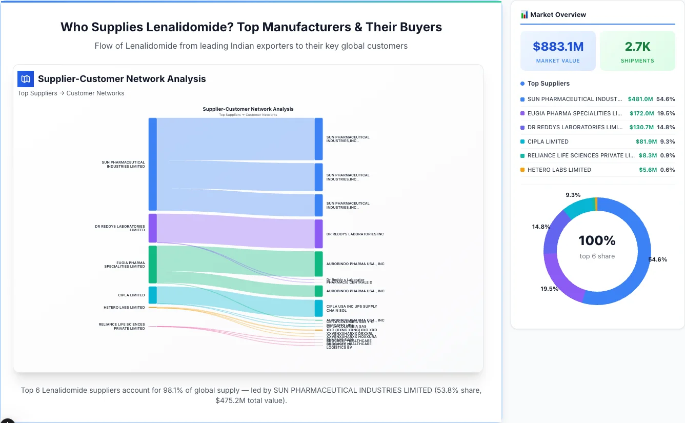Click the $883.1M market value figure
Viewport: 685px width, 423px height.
(558, 47)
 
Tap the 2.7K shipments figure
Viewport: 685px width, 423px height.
(637, 47)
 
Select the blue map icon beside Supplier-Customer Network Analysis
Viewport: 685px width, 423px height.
(26, 79)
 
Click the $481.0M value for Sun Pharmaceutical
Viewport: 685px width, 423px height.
(641, 99)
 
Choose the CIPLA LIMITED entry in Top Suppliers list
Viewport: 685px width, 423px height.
(548, 142)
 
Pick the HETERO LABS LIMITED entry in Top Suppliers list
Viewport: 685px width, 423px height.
(559, 170)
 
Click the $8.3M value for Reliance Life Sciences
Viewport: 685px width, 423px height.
(648, 155)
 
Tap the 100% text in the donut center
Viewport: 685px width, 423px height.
(597, 240)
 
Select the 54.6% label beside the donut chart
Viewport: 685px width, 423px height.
(658, 259)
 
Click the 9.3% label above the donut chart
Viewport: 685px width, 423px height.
(573, 195)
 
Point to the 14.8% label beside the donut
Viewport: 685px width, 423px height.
(541, 227)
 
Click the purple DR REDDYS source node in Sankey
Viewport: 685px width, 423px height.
(152, 228)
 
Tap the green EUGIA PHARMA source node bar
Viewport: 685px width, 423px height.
(152, 265)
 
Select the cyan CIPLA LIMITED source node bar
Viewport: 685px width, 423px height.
(152, 295)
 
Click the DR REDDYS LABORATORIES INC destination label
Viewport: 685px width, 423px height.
(355, 234)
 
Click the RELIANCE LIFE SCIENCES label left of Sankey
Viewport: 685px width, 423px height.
(122, 326)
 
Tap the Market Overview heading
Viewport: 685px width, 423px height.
(557, 14)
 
